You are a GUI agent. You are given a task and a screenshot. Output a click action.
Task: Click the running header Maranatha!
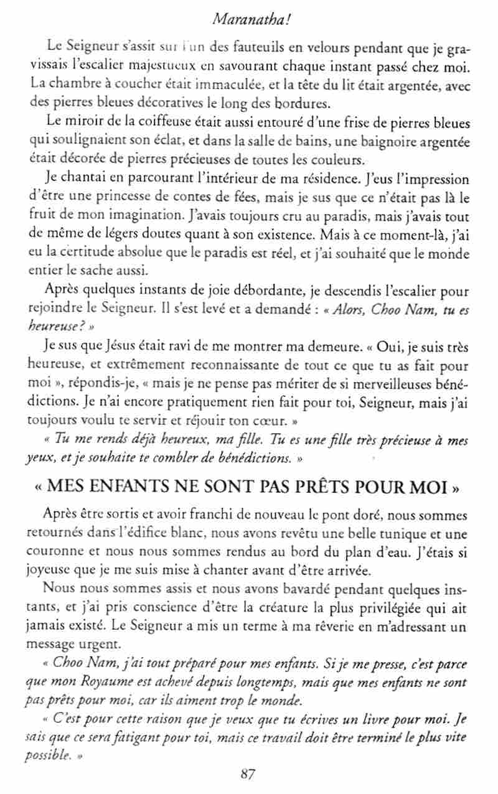[x=249, y=20]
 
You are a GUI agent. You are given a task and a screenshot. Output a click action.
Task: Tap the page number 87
[x=248, y=774]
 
